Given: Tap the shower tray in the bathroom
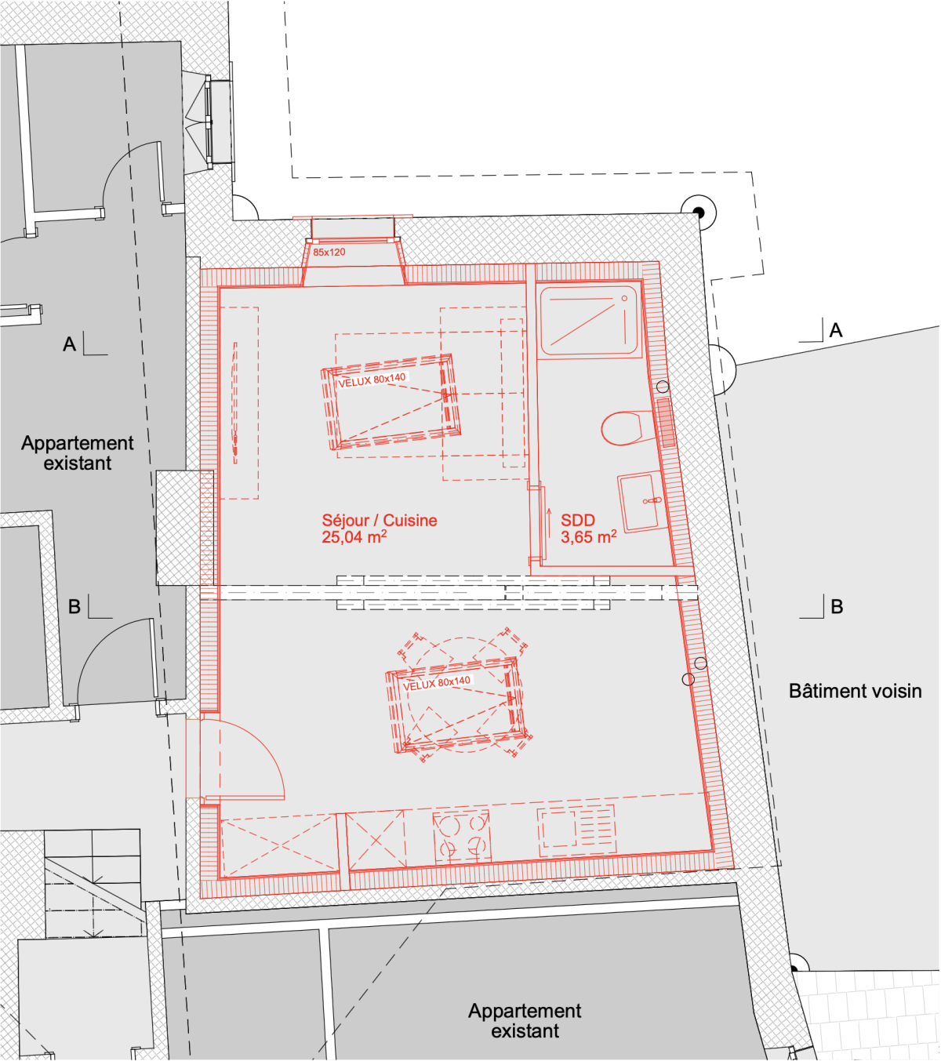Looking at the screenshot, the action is pyautogui.click(x=589, y=319).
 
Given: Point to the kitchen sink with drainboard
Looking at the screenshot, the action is pyautogui.click(x=576, y=830).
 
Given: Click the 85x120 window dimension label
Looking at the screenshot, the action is pyautogui.click(x=329, y=252).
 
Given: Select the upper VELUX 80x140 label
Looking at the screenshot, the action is pyautogui.click(x=372, y=380).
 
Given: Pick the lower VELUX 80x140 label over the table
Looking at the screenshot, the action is pyautogui.click(x=437, y=683).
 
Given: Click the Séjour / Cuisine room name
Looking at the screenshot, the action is pyautogui.click(x=380, y=520).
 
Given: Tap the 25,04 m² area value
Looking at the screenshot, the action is pyautogui.click(x=354, y=537).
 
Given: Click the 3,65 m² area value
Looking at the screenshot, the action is pyautogui.click(x=589, y=537).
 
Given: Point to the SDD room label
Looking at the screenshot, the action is pyautogui.click(x=578, y=520).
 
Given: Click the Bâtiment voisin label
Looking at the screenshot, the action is pyautogui.click(x=855, y=692).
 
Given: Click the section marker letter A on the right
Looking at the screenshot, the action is pyautogui.click(x=836, y=330).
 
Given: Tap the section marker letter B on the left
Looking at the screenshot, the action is pyautogui.click(x=74, y=607).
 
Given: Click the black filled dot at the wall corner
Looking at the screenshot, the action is pyautogui.click(x=698, y=212).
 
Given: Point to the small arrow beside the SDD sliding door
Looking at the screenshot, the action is pyautogui.click(x=550, y=525).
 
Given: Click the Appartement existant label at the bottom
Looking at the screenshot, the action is pyautogui.click(x=525, y=1021).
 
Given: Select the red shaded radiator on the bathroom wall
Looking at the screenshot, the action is pyautogui.click(x=666, y=423).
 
